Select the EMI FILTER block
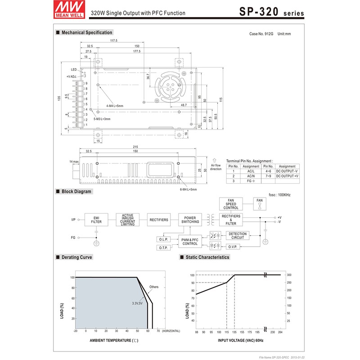pyautogui.click(x=96, y=220)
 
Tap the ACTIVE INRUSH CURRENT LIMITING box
pyautogui.click(x=128, y=220)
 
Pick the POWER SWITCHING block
pyautogui.click(x=190, y=220)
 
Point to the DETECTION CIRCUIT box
pyautogui.click(x=238, y=235)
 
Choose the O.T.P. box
pyautogui.click(x=163, y=248)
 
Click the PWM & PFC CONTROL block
pyautogui.click(x=190, y=242)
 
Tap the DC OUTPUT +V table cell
pyautogui.click(x=287, y=176)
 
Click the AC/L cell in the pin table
pyautogui.click(x=251, y=171)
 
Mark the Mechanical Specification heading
pyautogui.click(x=86, y=32)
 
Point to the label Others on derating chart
pyautogui.click(x=154, y=287)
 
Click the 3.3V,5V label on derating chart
pyautogui.click(x=137, y=303)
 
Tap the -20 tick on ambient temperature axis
pyautogui.click(x=75, y=331)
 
